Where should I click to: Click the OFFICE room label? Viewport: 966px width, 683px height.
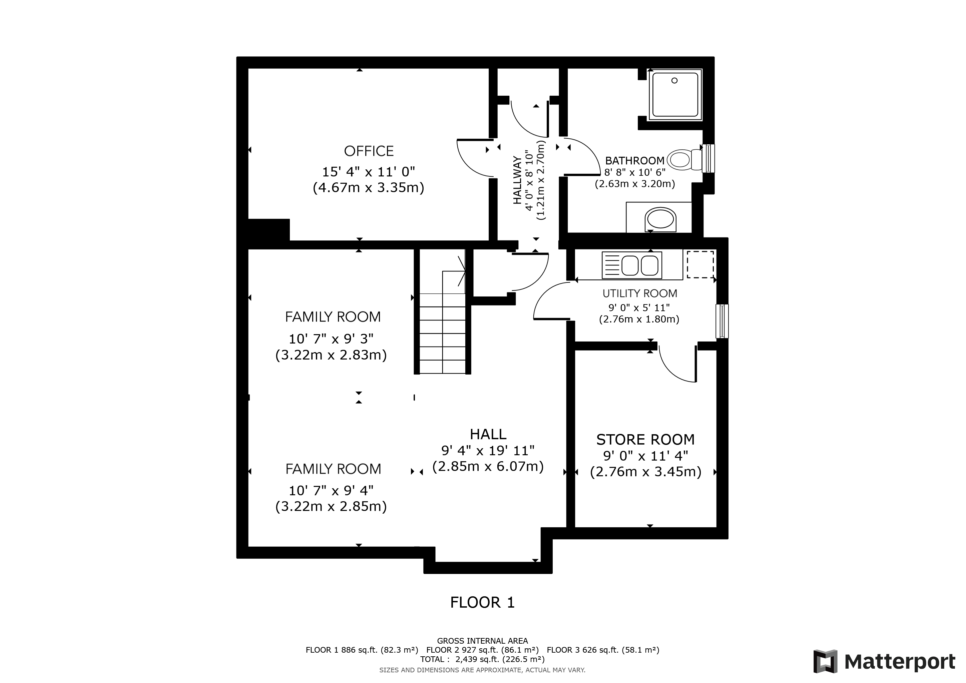point(369,151)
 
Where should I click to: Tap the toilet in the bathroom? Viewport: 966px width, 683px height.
point(684,160)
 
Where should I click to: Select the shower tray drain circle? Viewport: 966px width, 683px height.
point(674,80)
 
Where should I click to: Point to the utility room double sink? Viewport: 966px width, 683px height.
point(632,265)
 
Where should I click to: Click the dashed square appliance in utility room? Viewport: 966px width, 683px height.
point(700,264)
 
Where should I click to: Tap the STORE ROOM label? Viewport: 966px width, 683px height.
point(645,440)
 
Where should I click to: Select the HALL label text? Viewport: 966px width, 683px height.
point(488,434)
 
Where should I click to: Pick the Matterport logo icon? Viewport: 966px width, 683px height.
point(825,662)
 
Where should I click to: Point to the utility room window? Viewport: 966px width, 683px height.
point(722,321)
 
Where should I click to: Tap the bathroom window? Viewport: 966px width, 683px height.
point(708,158)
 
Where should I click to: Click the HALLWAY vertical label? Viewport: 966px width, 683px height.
point(517,180)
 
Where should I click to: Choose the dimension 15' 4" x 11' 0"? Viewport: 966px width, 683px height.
point(369,172)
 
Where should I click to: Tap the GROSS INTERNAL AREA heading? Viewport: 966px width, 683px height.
point(483,641)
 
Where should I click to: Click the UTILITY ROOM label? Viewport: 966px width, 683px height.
point(640,293)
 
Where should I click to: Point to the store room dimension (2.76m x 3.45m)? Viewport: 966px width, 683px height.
point(646,472)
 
